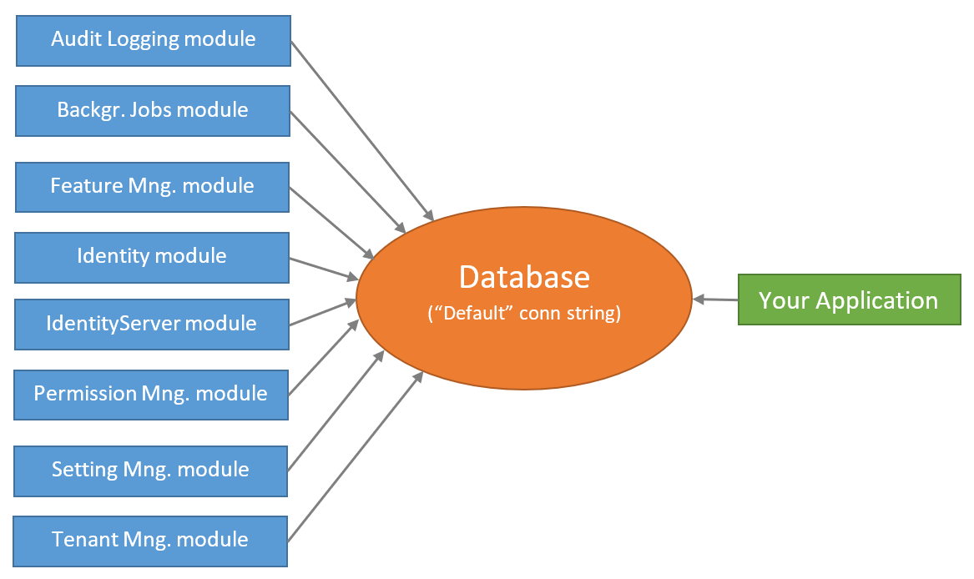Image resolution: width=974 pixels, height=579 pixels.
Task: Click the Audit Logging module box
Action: [x=153, y=39]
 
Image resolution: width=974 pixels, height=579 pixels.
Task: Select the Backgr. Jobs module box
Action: [x=152, y=109]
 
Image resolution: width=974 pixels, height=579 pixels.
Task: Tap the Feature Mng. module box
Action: [x=152, y=186]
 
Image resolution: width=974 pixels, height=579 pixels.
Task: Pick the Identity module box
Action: [x=152, y=256]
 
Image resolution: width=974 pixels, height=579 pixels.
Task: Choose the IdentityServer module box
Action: [x=152, y=324]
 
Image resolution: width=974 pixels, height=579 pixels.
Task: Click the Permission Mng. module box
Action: [x=151, y=393]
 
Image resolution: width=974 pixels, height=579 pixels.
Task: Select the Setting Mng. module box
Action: [x=150, y=470]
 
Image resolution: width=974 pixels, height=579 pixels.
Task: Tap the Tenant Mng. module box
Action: [x=150, y=540]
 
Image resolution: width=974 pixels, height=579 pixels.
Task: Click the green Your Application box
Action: [x=848, y=300]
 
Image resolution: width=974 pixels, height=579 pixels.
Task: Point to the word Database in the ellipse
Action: [x=524, y=277]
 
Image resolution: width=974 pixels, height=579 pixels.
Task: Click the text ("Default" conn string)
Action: [x=524, y=315]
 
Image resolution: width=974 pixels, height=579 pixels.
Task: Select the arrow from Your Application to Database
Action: [x=715, y=300]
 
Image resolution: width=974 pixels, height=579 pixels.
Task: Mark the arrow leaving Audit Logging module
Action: [x=361, y=129]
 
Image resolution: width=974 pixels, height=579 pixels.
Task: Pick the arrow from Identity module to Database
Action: [x=323, y=268]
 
